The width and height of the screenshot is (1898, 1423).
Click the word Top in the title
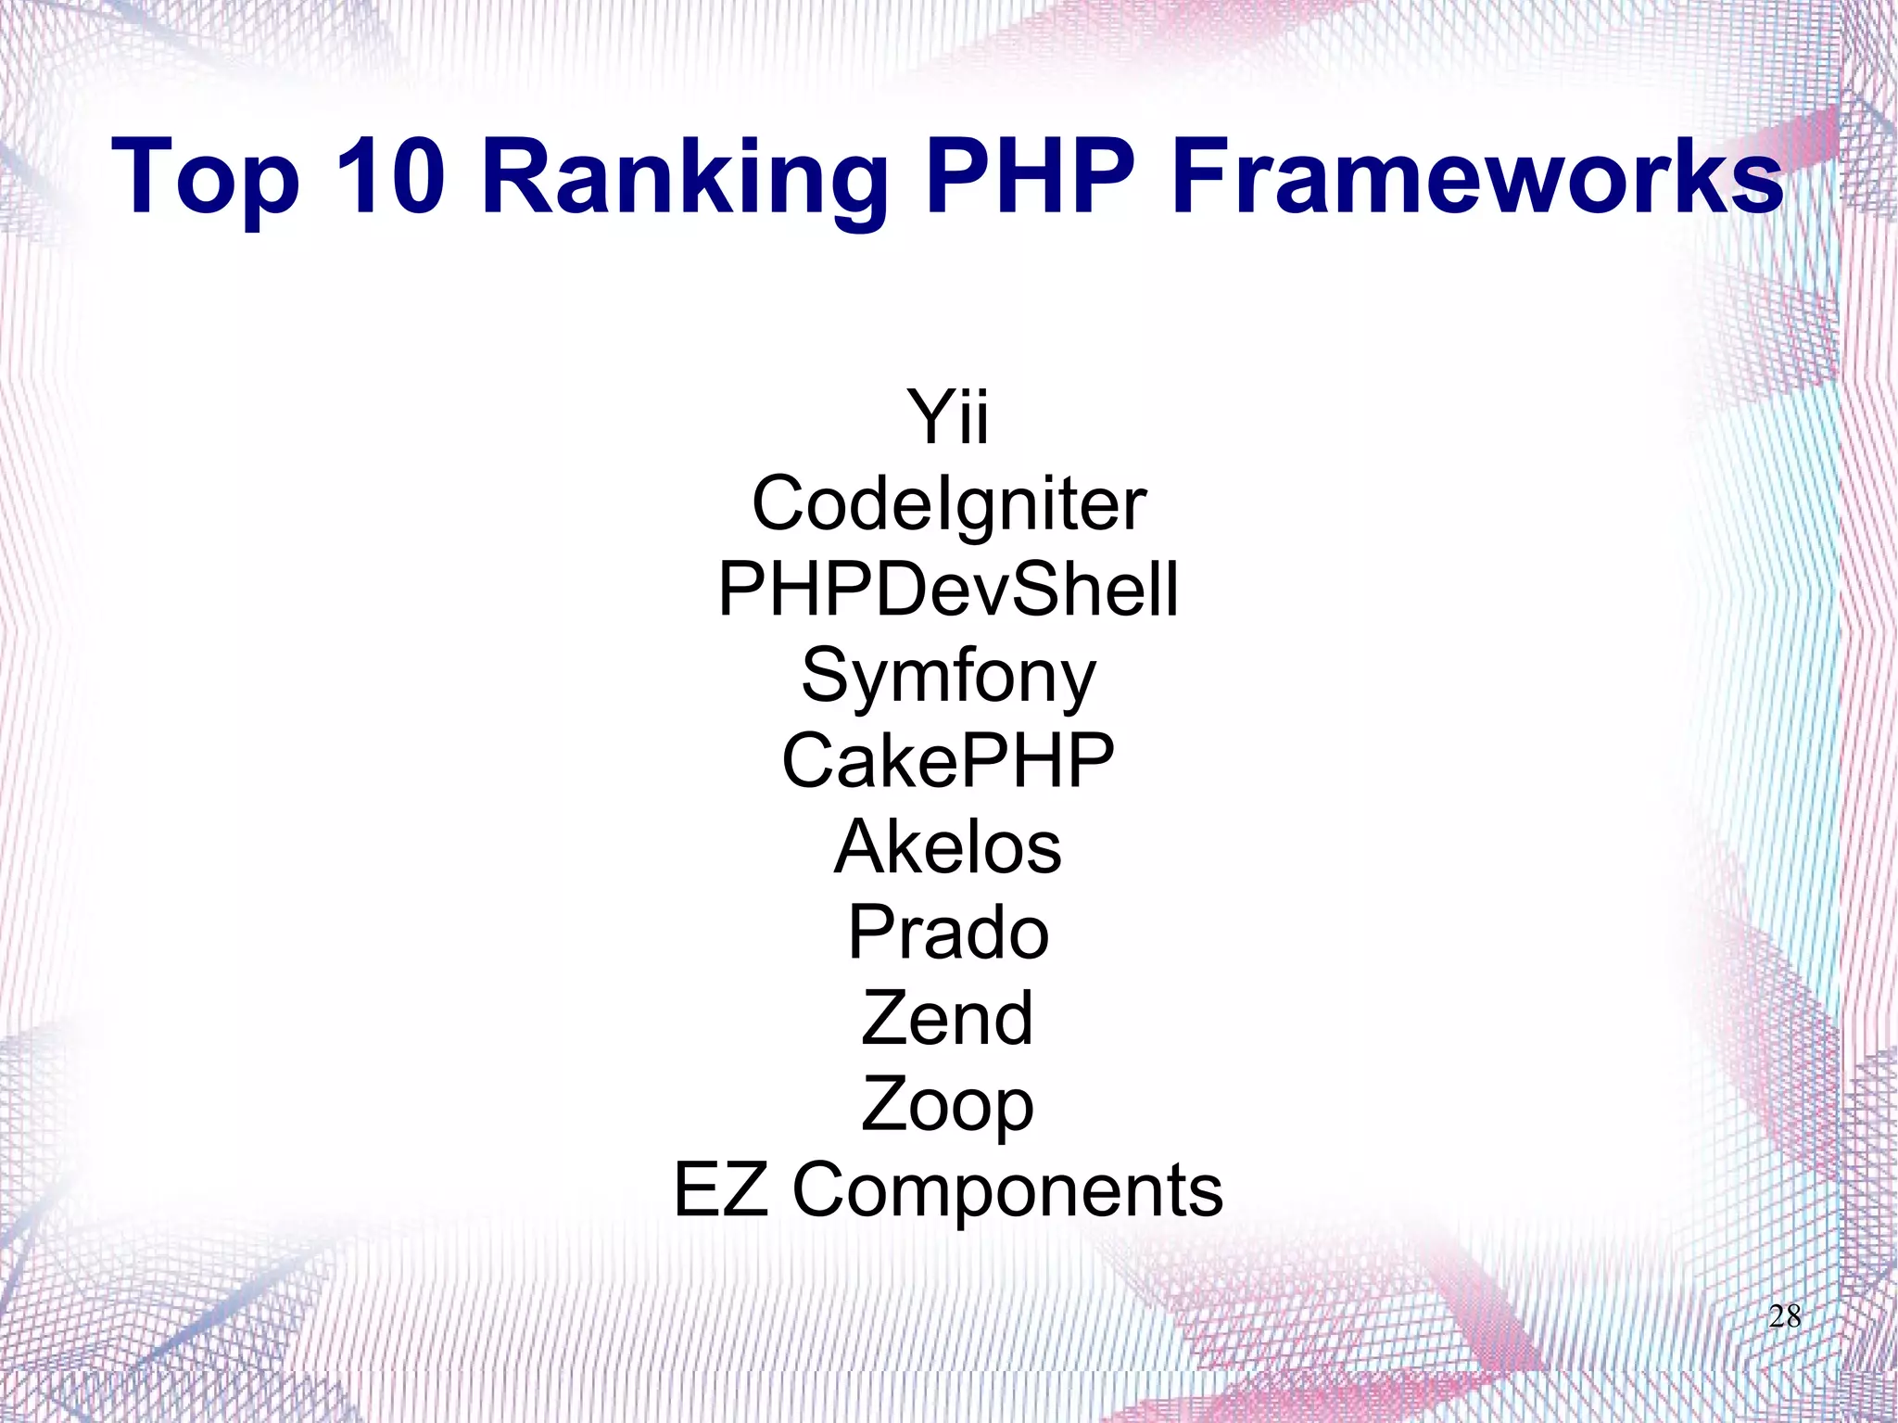point(206,176)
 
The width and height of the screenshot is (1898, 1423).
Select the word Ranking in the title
point(685,176)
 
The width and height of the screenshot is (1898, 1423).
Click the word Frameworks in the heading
point(1476,176)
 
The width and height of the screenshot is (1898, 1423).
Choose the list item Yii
point(948,416)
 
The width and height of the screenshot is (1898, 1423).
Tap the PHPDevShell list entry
point(948,589)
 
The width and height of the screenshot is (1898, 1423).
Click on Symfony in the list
point(948,676)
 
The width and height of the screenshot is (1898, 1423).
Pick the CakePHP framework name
point(948,760)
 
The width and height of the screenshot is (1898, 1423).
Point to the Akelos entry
point(948,846)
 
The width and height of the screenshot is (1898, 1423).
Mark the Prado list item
point(948,933)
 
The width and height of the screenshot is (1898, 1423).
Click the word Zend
point(947,1018)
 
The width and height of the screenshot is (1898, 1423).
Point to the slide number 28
point(1784,1315)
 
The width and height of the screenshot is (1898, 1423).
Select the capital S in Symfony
point(825,674)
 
